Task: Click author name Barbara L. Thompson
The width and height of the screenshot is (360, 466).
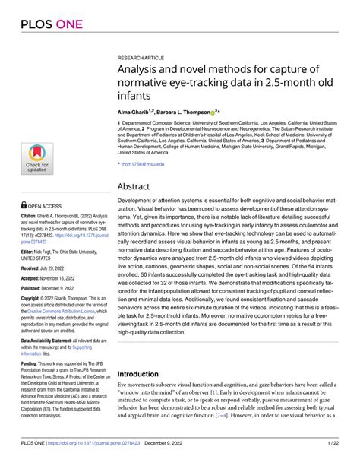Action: (187, 111)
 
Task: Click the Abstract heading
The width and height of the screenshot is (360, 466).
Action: (136, 186)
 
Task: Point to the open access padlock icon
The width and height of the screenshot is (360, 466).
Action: (25, 204)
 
